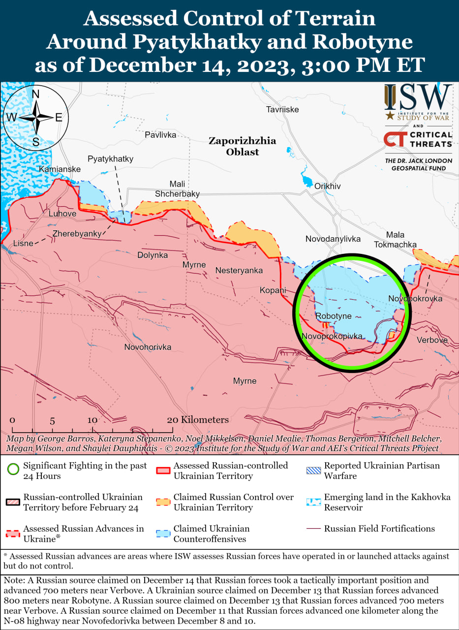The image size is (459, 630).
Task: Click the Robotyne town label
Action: coord(333,316)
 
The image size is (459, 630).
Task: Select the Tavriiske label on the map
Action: coord(282,109)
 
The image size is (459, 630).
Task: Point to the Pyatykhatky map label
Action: coord(110,159)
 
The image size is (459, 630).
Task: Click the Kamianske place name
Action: coord(60,169)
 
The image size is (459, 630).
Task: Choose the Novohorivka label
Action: coord(148,347)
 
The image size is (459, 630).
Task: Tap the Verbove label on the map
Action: coord(432,340)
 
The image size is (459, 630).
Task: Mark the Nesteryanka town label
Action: coord(239,271)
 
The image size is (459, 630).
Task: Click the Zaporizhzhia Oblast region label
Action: coord(242,146)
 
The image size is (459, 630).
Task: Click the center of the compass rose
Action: coord(36,118)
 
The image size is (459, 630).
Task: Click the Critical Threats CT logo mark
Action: coord(395,139)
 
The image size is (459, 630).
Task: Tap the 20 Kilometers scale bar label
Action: coord(198,420)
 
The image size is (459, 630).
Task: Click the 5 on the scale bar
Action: coord(52,421)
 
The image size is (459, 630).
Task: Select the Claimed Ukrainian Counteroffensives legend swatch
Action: coord(163,534)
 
